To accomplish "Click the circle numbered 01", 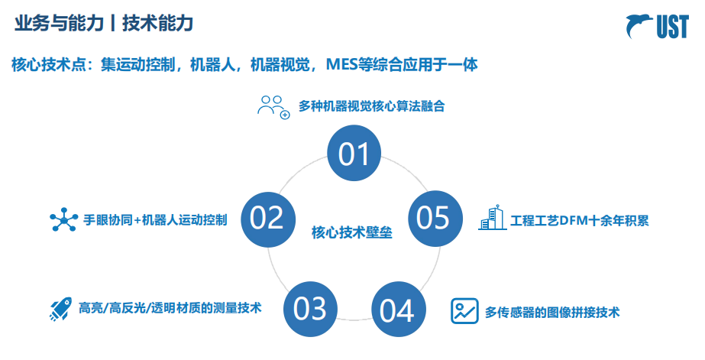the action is tap(354, 155).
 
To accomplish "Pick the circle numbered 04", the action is tap(398, 310).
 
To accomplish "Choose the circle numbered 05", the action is tap(434, 219).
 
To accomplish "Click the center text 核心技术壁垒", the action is tap(351, 232).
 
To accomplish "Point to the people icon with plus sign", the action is tap(273, 106).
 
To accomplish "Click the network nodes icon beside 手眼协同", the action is tap(63, 219).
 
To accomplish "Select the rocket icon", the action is tap(60, 309).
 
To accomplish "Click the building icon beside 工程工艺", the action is tap(493, 218).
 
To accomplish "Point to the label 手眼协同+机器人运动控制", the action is tap(155, 220).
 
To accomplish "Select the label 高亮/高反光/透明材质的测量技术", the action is tap(170, 308).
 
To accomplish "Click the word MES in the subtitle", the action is tap(343, 64).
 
